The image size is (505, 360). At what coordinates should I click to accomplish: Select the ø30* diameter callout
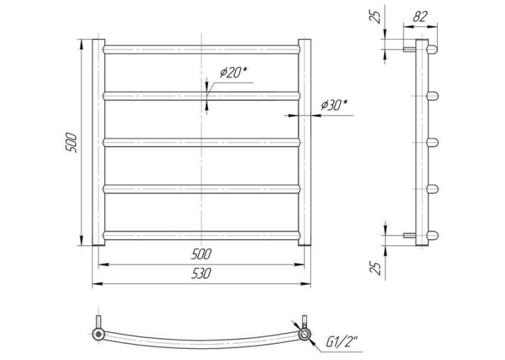pos(334,105)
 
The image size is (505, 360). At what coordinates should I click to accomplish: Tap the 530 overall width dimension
pos(201,273)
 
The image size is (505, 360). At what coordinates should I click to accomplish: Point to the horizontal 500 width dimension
pos(201,254)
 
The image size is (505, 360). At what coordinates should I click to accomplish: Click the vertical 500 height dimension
pos(71,143)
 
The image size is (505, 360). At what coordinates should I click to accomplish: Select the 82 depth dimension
pos(420,17)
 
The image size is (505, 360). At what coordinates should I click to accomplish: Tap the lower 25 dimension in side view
pos(375,267)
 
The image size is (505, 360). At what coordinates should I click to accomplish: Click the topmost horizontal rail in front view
pos(201,50)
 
